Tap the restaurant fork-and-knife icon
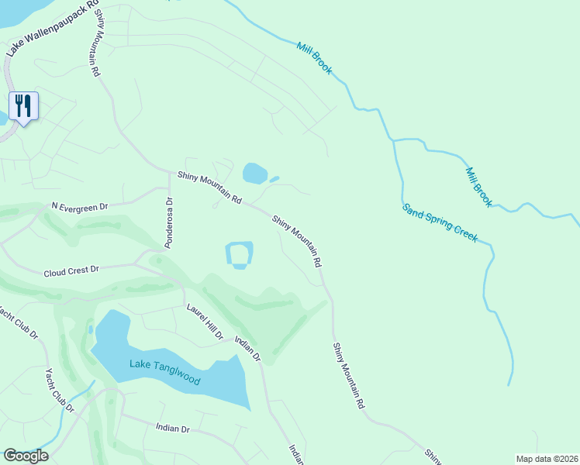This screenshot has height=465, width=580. [x=23, y=105]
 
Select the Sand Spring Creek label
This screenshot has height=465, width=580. [x=440, y=222]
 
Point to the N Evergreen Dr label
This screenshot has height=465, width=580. [x=79, y=207]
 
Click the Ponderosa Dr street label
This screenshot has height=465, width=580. [x=168, y=222]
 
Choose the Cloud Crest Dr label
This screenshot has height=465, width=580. [x=72, y=272]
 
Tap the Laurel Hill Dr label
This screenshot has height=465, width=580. [x=205, y=321]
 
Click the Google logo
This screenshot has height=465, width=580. [x=26, y=456]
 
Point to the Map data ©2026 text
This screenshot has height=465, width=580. [x=547, y=459]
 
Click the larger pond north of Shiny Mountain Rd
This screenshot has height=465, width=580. [x=254, y=172]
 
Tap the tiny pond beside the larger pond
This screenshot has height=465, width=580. [x=274, y=179]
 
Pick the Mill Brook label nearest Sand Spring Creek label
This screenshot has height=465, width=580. [x=478, y=187]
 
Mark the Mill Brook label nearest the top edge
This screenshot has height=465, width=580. [x=314, y=57]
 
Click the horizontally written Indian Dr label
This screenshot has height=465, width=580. [x=172, y=428]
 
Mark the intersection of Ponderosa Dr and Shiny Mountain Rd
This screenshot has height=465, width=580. [x=169, y=172]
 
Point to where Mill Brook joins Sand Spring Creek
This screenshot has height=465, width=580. [x=394, y=140]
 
